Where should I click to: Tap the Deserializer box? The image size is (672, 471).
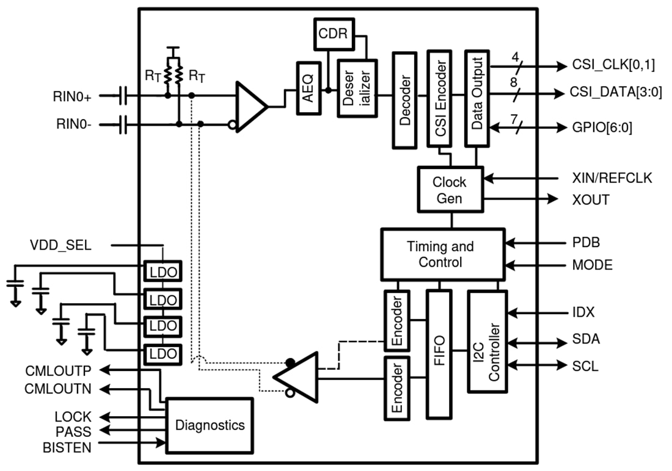click(x=357, y=87)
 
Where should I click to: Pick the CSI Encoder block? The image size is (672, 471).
click(x=439, y=100)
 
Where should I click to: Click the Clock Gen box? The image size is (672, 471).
click(x=450, y=190)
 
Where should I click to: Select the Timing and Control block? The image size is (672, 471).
click(x=443, y=254)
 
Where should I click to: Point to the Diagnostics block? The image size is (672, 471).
click(x=210, y=425)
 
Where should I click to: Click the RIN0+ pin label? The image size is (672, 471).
click(x=72, y=96)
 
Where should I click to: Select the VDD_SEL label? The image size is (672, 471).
click(x=60, y=246)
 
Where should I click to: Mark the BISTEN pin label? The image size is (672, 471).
click(x=67, y=447)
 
